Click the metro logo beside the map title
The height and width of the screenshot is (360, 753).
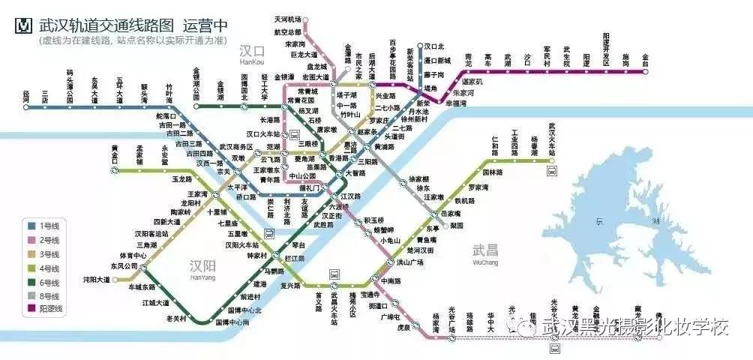24,26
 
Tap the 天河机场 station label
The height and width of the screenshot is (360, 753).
287,19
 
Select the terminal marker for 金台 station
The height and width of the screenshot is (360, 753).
645,64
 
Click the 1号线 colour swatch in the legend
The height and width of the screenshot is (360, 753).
32,224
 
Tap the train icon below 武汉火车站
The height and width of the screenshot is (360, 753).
552,171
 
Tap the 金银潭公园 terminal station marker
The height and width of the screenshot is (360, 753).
196,105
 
